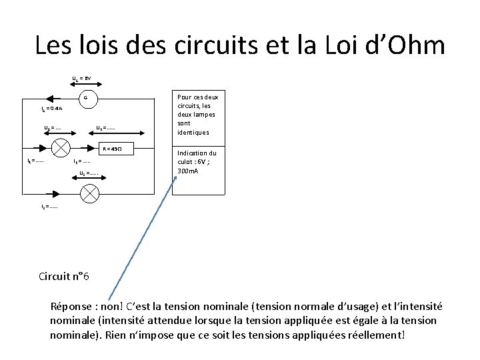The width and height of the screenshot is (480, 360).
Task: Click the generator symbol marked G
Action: pos(85,100)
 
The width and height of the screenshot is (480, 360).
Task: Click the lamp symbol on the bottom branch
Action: pos(89,193)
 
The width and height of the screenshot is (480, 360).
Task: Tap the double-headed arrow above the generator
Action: pos(85,85)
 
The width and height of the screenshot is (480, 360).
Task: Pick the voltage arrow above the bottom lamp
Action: pos(87,179)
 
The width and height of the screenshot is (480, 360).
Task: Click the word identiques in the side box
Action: pos(193,132)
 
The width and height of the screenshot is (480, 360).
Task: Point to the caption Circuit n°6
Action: pos(64,276)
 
